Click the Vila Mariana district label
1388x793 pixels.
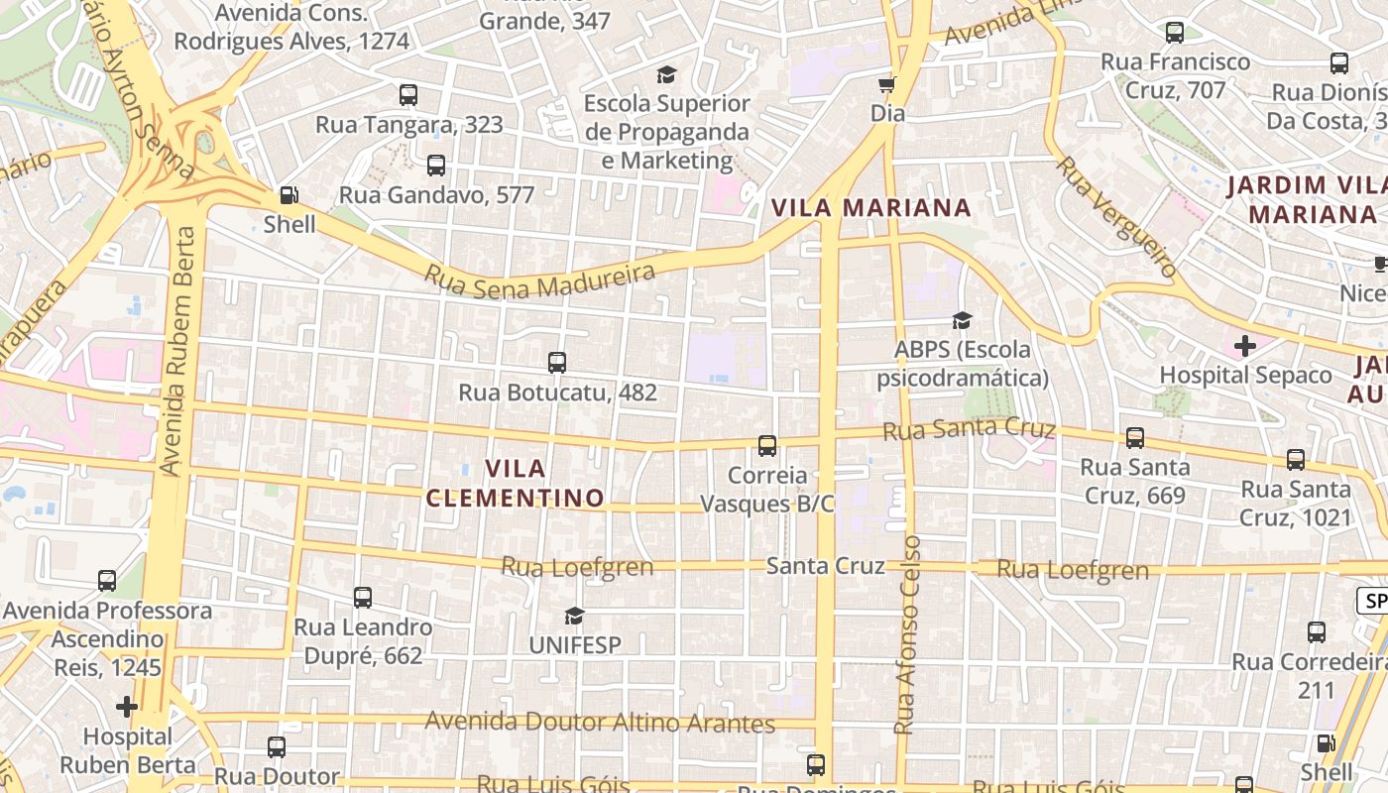870,208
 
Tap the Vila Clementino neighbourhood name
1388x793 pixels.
516,483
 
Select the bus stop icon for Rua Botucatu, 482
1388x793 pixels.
557,363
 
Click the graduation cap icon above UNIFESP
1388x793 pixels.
574,617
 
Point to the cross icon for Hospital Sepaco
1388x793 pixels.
1245,346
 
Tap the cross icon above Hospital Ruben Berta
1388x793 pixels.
126,707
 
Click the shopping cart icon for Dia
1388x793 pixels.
887,84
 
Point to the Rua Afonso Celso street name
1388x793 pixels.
907,634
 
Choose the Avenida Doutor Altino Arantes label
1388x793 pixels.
600,723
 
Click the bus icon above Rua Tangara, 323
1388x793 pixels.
408,95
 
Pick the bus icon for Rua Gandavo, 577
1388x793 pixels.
436,166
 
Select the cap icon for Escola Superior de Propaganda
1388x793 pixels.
666,74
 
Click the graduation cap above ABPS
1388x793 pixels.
962,320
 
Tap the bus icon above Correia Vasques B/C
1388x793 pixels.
767,446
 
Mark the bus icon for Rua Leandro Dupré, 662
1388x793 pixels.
363,598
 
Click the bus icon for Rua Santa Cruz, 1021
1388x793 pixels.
1296,460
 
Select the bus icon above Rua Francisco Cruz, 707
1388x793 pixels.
1175,33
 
